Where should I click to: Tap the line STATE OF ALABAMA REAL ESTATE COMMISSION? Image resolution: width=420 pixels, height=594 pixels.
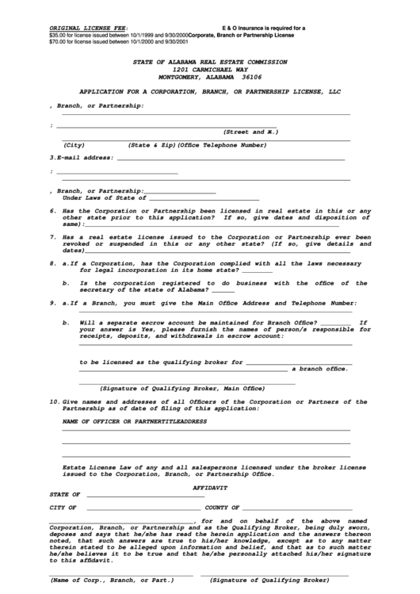210,61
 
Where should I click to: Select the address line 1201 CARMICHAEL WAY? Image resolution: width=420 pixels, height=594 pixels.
210,69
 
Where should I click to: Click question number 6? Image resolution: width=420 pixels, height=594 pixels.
52,211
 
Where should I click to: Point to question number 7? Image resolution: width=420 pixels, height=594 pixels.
52,236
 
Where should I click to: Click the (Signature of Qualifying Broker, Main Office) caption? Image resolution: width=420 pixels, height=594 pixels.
181,389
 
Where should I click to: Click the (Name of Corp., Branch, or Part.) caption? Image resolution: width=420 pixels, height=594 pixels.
112,580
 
